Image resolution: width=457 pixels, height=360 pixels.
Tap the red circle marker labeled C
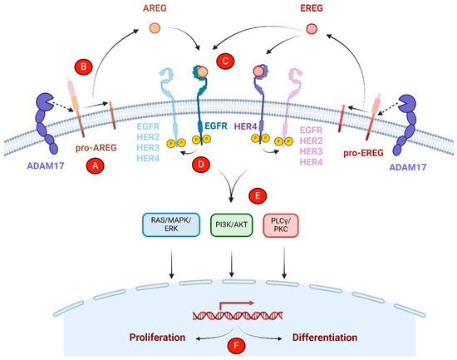click(225, 61)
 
